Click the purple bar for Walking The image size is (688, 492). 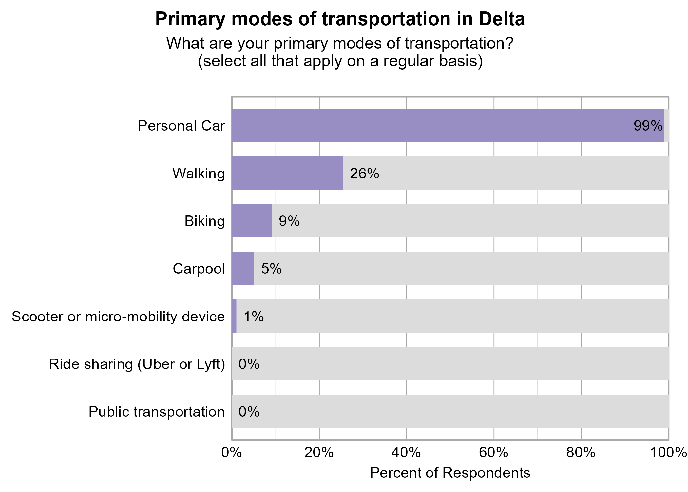pyautogui.click(x=287, y=173)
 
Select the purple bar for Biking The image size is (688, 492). pyautogui.click(x=252, y=221)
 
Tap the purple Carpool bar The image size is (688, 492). pyautogui.click(x=243, y=268)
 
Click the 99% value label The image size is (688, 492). pyautogui.click(x=648, y=126)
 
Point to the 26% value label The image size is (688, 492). pyautogui.click(x=364, y=174)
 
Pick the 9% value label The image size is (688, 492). pyautogui.click(x=289, y=221)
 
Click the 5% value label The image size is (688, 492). pyautogui.click(x=271, y=269)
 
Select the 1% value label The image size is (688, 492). pyautogui.click(x=254, y=317)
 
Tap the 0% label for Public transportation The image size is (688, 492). pyautogui.click(x=249, y=412)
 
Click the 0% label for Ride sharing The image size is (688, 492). pyautogui.click(x=249, y=364)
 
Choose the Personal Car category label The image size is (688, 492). pyautogui.click(x=181, y=126)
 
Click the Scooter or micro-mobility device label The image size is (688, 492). pyautogui.click(x=118, y=317)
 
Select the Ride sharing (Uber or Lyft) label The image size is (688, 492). pyautogui.click(x=137, y=364)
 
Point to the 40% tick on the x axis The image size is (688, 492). pyautogui.click(x=406, y=453)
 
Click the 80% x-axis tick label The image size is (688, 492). pyautogui.click(x=581, y=453)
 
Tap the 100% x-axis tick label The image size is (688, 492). pyautogui.click(x=668, y=453)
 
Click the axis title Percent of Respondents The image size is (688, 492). pyautogui.click(x=450, y=473)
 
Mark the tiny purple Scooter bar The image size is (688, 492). pyautogui.click(x=234, y=316)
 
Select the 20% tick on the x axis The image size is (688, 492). pyautogui.click(x=319, y=453)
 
